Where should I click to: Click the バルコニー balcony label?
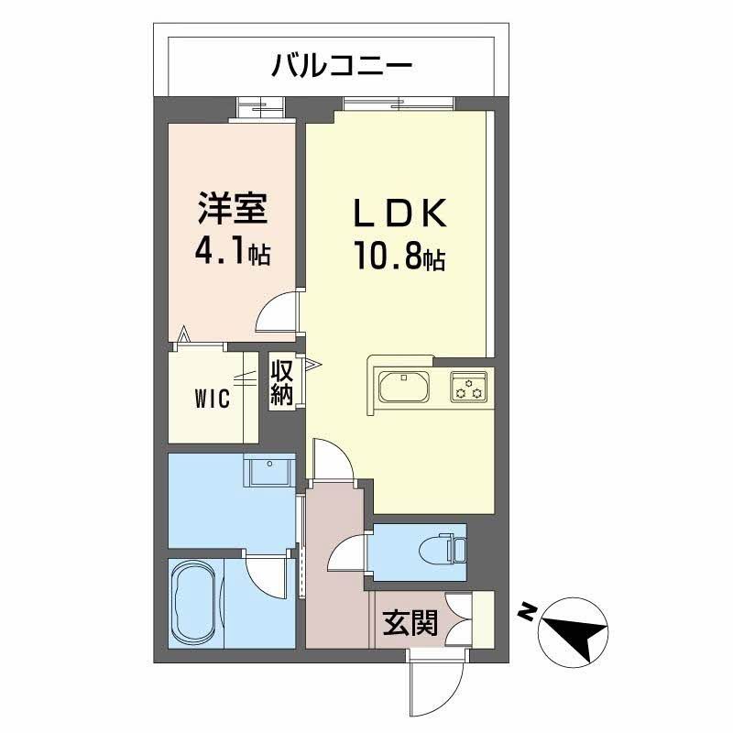(342, 65)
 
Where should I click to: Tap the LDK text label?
(400, 213)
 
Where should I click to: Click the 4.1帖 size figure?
(232, 251)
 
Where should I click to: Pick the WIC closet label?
(212, 399)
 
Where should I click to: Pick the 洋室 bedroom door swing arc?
(279, 312)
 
